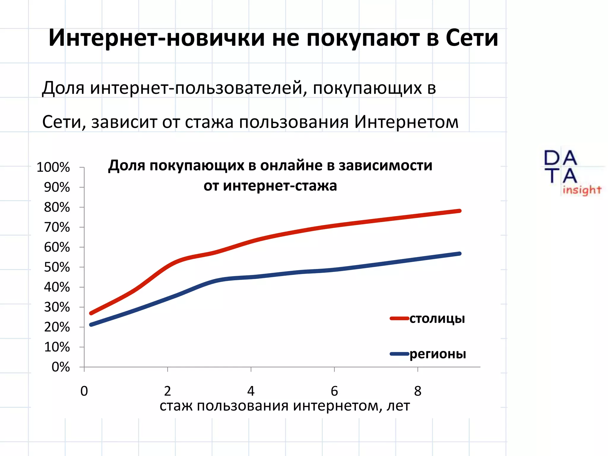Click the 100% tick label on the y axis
coord(53,167)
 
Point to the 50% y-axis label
coord(57,267)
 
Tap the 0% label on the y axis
coord(61,367)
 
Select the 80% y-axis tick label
coord(57,208)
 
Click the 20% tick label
coord(57,327)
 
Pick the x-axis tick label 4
coord(251,391)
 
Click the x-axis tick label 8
coord(418,391)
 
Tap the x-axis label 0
coord(84,391)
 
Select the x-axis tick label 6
coord(334,391)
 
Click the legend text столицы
coord(437,319)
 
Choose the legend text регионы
coord(438,354)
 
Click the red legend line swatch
coord(399,319)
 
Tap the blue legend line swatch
coord(399,354)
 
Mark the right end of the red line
coord(460,211)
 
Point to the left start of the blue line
coord(91,324)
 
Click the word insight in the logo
coord(582,190)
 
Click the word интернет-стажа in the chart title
coord(280,186)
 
